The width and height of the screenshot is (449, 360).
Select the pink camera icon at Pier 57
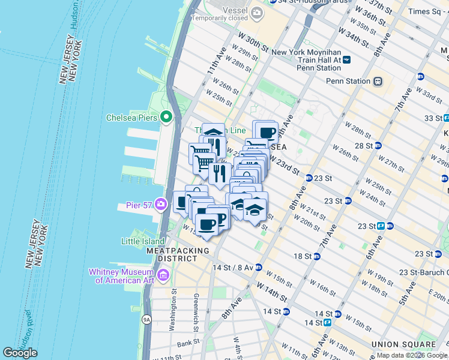(160, 205)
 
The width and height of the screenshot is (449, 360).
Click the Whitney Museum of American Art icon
(164, 275)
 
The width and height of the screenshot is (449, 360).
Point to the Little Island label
(143, 241)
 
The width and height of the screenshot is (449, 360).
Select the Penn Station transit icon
(378, 81)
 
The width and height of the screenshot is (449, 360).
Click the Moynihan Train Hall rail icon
(347, 60)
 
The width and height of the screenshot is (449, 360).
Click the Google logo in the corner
(20, 353)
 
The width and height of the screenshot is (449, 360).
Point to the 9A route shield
(146, 320)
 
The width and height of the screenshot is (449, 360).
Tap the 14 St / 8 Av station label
(237, 267)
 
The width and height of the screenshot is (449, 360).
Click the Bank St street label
(188, 344)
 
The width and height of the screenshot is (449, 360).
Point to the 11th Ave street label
(214, 62)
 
